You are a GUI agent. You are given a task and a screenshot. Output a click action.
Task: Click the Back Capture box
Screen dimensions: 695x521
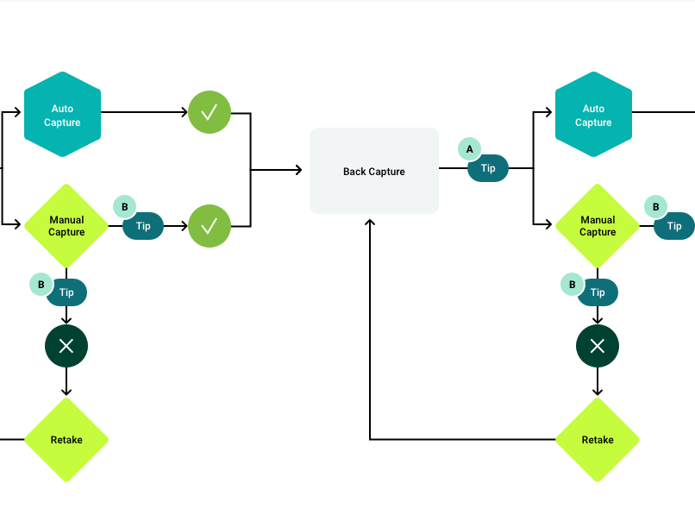[x=374, y=171]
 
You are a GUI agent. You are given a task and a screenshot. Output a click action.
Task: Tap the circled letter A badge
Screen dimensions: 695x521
[x=469, y=149]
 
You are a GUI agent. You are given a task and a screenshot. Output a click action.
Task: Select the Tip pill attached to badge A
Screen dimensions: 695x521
[x=488, y=168]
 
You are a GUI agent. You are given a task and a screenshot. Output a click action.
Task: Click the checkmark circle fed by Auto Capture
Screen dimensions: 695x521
[x=210, y=112]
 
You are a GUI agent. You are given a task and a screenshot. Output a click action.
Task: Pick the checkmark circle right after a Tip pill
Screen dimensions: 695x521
[x=210, y=226]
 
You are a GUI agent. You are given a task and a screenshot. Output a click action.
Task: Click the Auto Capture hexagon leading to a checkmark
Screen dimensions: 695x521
[x=62, y=115]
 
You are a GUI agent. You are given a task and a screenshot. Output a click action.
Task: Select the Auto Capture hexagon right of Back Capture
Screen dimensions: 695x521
[x=593, y=115]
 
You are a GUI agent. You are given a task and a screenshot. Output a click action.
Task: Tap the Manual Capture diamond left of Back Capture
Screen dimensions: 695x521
[x=66, y=226]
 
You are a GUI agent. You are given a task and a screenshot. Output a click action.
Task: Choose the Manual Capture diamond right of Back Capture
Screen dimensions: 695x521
[x=598, y=226]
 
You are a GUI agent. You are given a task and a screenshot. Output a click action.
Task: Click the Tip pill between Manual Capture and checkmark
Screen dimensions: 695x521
[x=143, y=226]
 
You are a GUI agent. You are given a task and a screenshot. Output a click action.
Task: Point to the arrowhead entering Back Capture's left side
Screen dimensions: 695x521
[x=299, y=170]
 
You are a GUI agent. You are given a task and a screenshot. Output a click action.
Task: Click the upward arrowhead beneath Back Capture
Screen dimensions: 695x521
[x=370, y=223]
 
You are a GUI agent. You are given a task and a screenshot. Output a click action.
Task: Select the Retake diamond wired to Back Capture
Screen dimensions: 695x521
[x=598, y=440]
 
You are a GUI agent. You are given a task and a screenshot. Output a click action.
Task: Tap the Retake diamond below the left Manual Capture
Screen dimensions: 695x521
[x=66, y=440]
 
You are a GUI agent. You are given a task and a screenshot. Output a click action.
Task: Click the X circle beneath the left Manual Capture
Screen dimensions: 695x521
[x=66, y=346]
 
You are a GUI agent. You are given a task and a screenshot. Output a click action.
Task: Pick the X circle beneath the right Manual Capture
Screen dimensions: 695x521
[x=598, y=346]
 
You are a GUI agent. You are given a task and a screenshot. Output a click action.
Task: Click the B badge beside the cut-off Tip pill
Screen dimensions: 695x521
[x=656, y=207]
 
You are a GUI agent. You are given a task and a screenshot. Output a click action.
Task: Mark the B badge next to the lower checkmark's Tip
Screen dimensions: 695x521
[x=124, y=207]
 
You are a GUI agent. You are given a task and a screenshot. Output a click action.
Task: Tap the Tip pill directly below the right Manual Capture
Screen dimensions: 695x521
[x=598, y=292]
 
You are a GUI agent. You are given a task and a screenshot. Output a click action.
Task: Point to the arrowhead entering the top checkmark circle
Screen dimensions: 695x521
[x=185, y=112]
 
